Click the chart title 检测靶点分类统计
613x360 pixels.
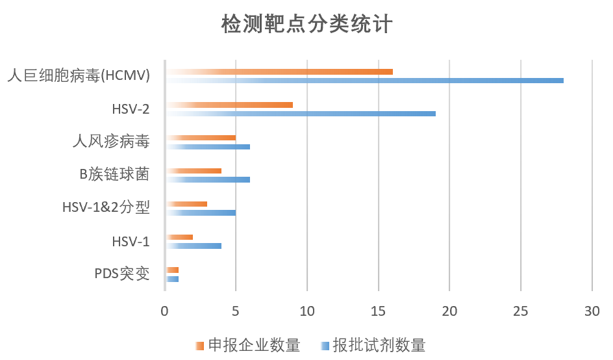pyautogui.click(x=306, y=25)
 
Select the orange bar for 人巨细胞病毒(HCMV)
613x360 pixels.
pyautogui.click(x=279, y=71)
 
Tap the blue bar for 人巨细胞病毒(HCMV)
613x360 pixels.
pyautogui.click(x=364, y=81)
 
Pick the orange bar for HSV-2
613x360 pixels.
pyautogui.click(x=229, y=105)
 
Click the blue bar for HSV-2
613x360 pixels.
pyautogui.click(x=300, y=114)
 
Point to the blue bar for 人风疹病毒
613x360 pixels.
pyautogui.click(x=208, y=147)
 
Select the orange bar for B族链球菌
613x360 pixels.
pyautogui.click(x=194, y=171)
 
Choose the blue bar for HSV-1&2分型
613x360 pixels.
pyautogui.click(x=201, y=212)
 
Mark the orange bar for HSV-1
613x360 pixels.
pyautogui.click(x=179, y=237)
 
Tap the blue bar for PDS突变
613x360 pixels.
pyautogui.click(x=172, y=279)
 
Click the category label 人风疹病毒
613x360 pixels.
pyautogui.click(x=110, y=142)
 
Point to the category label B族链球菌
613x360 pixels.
pyautogui.click(x=114, y=175)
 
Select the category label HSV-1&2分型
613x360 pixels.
pyautogui.click(x=106, y=208)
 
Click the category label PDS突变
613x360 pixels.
pyautogui.click(x=122, y=274)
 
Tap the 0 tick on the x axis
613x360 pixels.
pyautogui.click(x=165, y=311)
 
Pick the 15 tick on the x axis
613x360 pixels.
pyautogui.click(x=378, y=311)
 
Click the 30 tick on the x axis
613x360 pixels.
pyautogui.click(x=592, y=311)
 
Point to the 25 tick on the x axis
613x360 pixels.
pyautogui.click(x=520, y=311)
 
